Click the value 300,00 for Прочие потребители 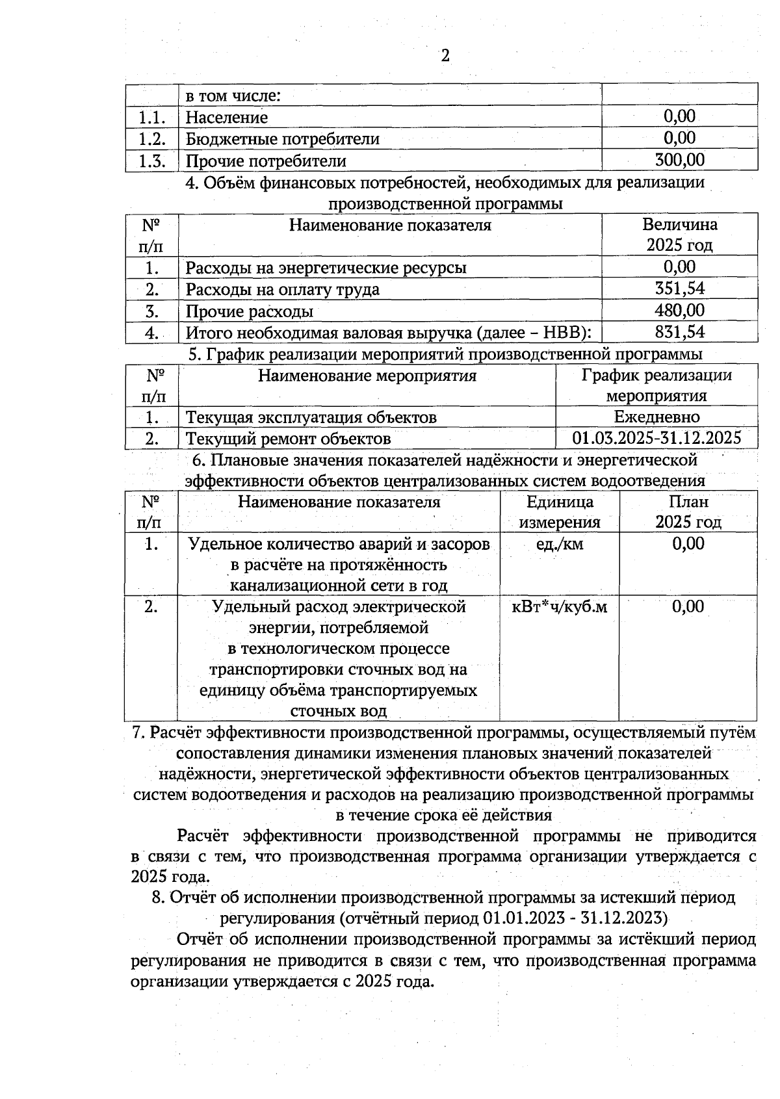(x=679, y=160)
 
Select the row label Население (x=227, y=118)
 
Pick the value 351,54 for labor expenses (x=679, y=289)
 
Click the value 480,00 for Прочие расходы (x=679, y=311)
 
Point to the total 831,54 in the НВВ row (x=679, y=332)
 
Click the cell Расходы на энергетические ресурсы (x=326, y=268)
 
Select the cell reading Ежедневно (x=656, y=417)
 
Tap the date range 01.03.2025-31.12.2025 (x=656, y=438)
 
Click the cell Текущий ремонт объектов (x=289, y=439)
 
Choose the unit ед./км (x=559, y=544)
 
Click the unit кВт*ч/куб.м (x=560, y=607)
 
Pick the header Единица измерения (x=560, y=512)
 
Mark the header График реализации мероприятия (x=656, y=385)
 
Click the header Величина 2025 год (x=679, y=235)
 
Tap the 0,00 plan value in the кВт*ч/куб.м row (x=688, y=607)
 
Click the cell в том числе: (x=233, y=96)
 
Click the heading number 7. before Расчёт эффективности (x=138, y=732)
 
